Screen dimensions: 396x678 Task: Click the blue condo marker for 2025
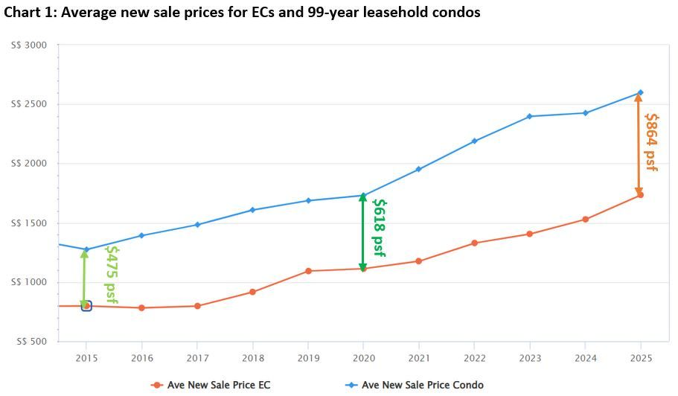point(640,93)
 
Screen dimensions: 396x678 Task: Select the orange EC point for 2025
point(640,195)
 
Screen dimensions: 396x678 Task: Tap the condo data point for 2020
point(363,196)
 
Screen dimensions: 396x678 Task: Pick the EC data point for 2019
point(308,271)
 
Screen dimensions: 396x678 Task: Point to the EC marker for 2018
point(252,292)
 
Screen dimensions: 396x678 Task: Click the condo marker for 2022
point(474,141)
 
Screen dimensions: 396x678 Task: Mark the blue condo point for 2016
point(141,235)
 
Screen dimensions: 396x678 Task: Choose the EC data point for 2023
point(530,234)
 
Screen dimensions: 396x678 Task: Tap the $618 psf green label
point(379,227)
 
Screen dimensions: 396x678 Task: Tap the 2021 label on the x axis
point(419,358)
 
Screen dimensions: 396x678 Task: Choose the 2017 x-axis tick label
point(197,358)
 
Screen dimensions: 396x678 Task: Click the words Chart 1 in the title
point(29,12)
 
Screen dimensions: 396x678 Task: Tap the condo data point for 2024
point(585,113)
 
